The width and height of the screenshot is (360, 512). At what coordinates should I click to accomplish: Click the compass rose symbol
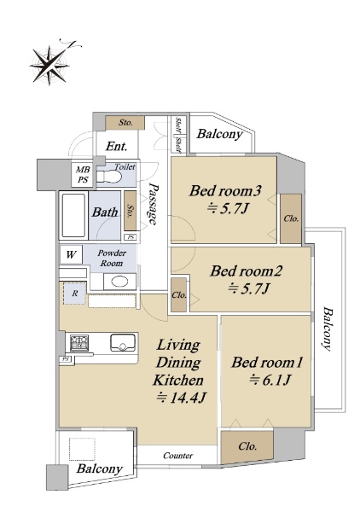click(50, 65)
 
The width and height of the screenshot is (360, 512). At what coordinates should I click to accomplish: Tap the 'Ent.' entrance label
click(116, 146)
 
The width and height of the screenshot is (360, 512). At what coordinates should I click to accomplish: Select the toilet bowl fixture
click(108, 177)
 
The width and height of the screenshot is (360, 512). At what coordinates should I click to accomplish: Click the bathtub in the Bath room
click(74, 216)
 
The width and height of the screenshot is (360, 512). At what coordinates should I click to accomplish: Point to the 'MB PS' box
click(83, 175)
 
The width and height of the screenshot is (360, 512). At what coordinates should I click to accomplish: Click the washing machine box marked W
click(71, 254)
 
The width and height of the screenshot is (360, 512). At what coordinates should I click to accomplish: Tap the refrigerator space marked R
click(75, 294)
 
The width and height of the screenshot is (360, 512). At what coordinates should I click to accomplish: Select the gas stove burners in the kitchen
click(79, 343)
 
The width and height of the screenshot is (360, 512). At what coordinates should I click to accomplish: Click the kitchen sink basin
click(123, 342)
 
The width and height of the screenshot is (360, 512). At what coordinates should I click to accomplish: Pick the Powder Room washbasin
click(119, 282)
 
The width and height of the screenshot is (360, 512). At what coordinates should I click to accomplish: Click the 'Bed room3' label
click(225, 190)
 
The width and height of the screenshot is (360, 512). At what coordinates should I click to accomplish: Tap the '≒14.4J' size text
click(182, 398)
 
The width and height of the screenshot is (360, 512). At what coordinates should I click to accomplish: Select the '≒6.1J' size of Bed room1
click(270, 380)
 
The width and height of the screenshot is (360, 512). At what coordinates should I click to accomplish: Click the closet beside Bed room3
click(291, 218)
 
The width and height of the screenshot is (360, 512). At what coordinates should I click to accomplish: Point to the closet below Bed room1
click(247, 446)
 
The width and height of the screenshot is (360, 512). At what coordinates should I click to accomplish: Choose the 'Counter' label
click(178, 455)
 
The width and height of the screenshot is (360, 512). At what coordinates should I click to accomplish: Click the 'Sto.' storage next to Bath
click(131, 211)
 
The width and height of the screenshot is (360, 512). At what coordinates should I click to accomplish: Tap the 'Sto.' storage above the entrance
click(125, 122)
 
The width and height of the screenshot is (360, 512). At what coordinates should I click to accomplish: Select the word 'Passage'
click(153, 204)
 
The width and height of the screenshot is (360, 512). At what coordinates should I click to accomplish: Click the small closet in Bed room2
click(178, 294)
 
